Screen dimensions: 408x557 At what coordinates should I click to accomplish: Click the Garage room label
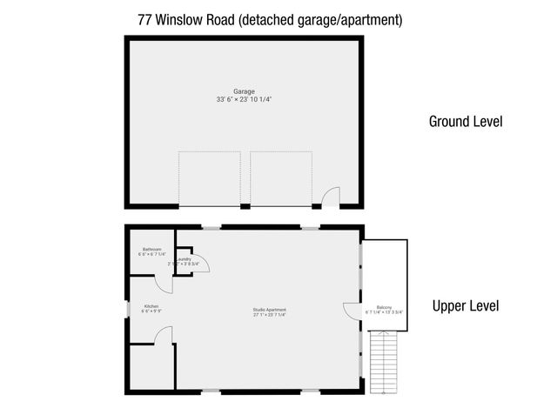(x=244, y=91)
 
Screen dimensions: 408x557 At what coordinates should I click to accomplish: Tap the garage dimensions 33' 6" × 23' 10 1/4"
(x=244, y=100)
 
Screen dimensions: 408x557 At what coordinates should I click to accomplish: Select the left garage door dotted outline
(x=209, y=178)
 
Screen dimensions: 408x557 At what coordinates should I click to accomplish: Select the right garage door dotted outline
(x=281, y=178)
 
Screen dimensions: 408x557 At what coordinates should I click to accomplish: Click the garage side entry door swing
(x=331, y=198)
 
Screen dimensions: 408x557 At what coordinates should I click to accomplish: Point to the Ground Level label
(x=466, y=122)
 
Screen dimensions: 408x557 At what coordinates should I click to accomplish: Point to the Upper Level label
(x=466, y=306)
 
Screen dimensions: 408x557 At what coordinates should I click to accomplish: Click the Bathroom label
(x=151, y=249)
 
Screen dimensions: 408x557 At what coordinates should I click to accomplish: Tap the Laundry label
(x=184, y=259)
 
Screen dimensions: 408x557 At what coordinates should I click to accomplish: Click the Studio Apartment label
(x=270, y=310)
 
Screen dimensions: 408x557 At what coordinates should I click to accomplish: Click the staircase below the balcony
(x=384, y=361)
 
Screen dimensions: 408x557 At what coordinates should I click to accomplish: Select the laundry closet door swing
(x=199, y=264)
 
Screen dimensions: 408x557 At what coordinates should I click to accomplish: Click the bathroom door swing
(x=164, y=284)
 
